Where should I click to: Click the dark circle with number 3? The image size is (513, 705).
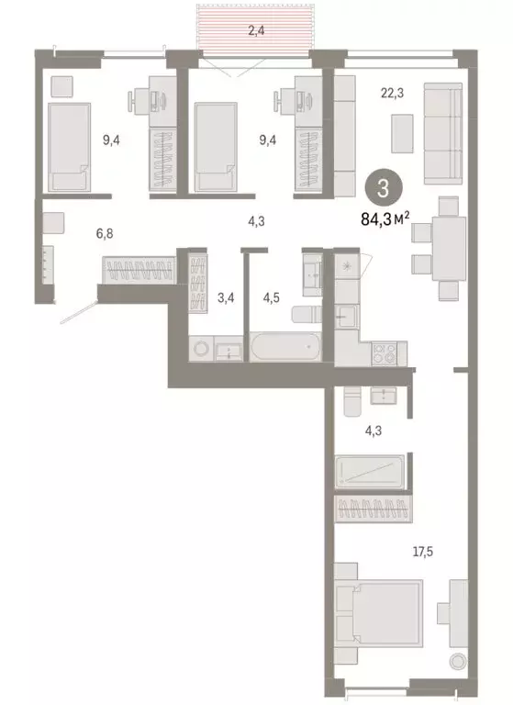coord(383,189)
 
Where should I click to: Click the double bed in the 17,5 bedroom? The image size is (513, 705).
coord(379,617)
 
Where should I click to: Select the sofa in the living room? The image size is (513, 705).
coord(442,131)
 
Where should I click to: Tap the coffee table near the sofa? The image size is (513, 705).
coord(403,133)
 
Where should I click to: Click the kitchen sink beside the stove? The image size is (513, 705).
coord(347,318)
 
